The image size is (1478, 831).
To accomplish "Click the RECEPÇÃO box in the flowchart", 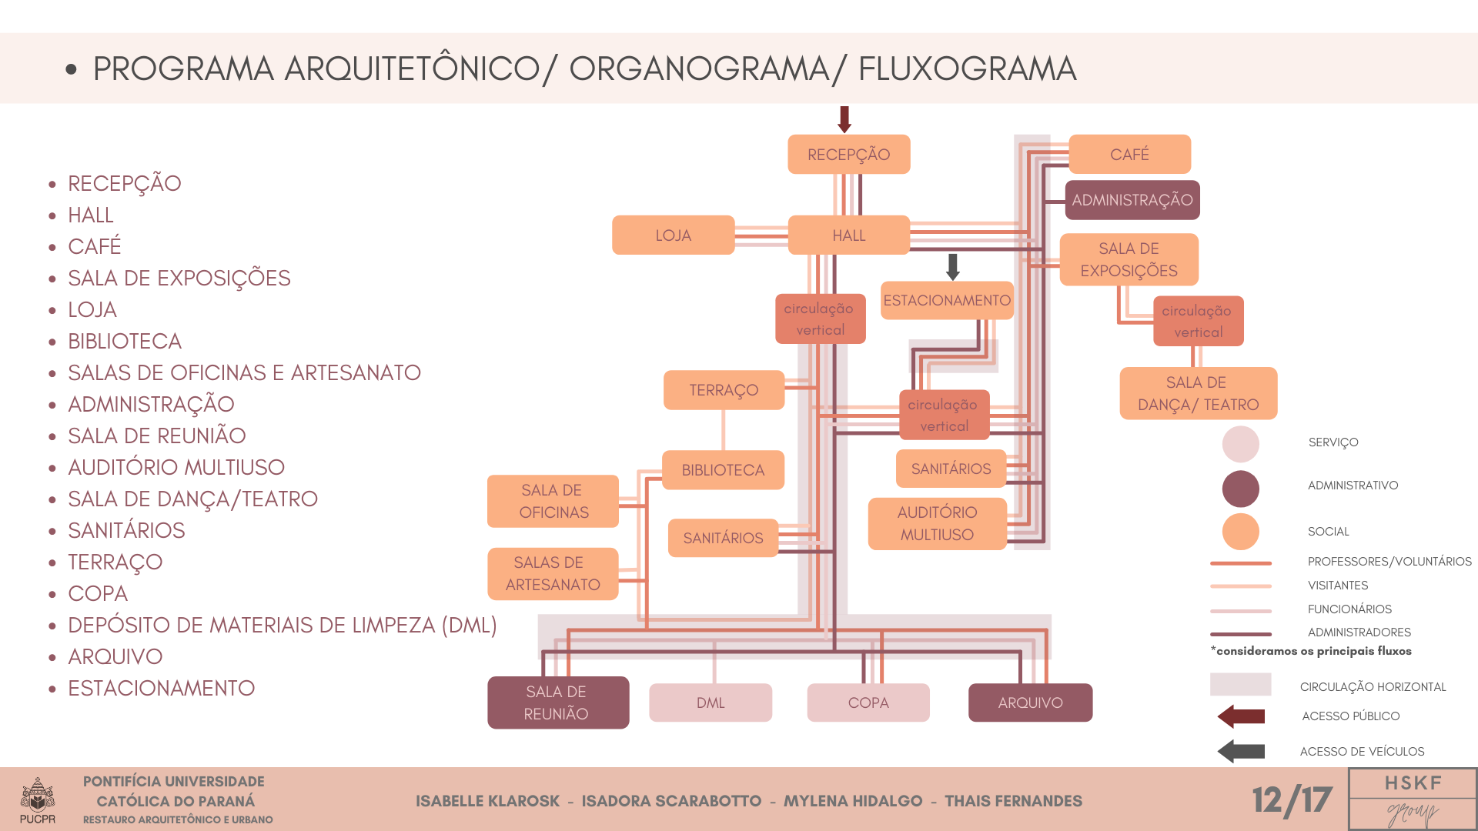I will (848, 155).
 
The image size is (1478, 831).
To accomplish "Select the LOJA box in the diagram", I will (673, 235).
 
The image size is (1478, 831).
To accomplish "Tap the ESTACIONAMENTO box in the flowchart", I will (947, 300).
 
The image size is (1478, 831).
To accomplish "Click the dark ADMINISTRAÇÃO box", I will (1132, 200).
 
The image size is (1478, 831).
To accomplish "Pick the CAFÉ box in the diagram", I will (1129, 155).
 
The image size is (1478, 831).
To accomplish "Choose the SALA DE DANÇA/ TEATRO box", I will (1198, 393).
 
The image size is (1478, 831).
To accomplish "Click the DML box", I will (710, 703).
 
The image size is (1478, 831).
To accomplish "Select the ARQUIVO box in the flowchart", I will (1030, 703).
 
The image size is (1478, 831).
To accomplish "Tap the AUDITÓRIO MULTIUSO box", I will (937, 523).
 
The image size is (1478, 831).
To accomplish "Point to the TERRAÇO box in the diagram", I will (724, 390).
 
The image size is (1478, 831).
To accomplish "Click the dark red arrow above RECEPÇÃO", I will (844, 119).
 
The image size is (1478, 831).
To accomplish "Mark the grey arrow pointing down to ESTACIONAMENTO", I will (953, 266).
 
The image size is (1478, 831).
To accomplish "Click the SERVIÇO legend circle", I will (1240, 444).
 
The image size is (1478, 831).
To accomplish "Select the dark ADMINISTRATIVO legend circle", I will (1240, 488).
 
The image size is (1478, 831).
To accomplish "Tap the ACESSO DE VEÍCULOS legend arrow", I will (1241, 751).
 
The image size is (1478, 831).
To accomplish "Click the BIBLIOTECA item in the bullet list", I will (125, 342).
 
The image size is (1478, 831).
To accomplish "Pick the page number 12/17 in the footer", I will (1292, 800).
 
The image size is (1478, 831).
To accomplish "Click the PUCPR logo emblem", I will (37, 796).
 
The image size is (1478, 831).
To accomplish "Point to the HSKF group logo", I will (1413, 799).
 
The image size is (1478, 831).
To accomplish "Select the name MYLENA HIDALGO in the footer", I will (853, 801).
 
